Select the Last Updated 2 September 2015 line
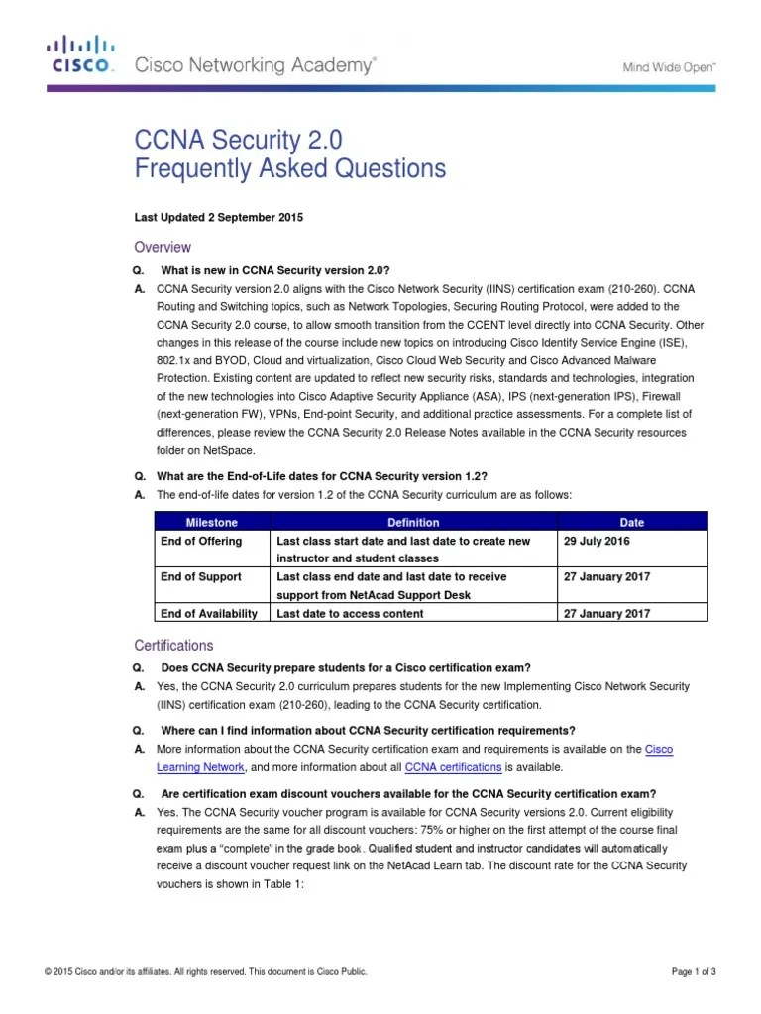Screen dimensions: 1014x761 pyautogui.click(x=218, y=217)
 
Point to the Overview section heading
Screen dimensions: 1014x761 pyautogui.click(x=163, y=247)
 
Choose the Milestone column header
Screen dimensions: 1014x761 pyautogui.click(x=212, y=522)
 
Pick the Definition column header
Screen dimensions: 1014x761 pyautogui.click(x=413, y=522)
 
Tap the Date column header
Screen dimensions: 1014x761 pyautogui.click(x=631, y=522)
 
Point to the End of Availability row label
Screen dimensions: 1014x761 pyautogui.click(x=208, y=614)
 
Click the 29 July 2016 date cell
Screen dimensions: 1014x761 pyautogui.click(x=596, y=542)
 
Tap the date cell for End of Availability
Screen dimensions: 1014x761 pyautogui.click(x=606, y=614)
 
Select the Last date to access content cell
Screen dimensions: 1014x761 pyautogui.click(x=350, y=614)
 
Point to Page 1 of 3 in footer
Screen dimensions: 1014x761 pyautogui.click(x=694, y=973)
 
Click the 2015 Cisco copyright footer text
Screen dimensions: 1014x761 pyautogui.click(x=206, y=973)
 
